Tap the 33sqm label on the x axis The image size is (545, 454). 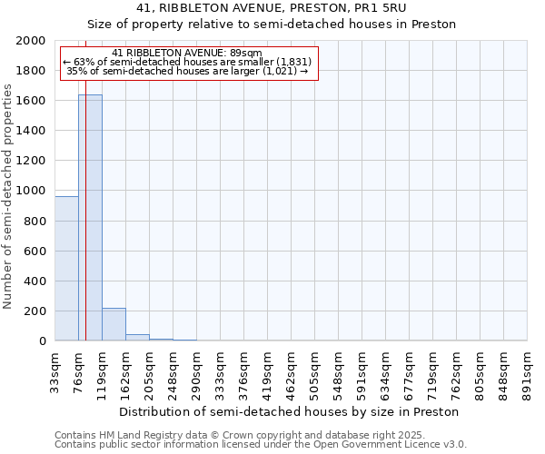click(x=55, y=368)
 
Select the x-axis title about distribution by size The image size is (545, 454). click(x=289, y=411)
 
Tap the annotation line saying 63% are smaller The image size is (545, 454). click(x=187, y=62)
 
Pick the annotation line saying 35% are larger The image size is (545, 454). click(x=187, y=71)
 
